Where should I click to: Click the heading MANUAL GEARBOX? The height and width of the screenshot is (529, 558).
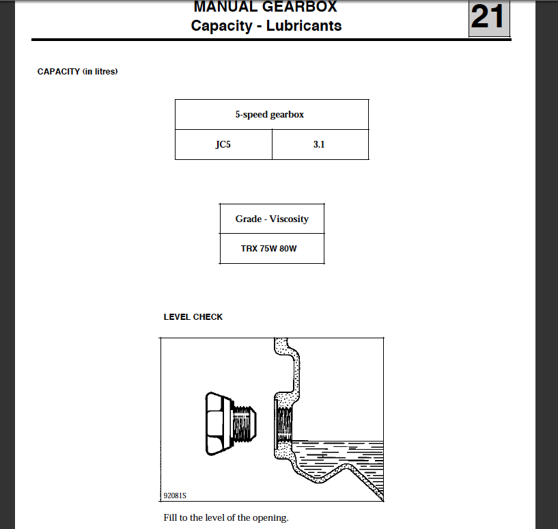(x=265, y=8)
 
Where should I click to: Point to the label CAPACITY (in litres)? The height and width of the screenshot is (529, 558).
(x=77, y=72)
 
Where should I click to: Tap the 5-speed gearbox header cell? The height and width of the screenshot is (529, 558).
(x=271, y=115)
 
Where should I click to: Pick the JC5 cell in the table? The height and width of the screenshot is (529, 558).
(x=223, y=145)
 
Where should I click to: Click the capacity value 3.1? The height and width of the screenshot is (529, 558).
(x=319, y=145)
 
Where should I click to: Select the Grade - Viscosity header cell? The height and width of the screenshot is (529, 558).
(x=272, y=219)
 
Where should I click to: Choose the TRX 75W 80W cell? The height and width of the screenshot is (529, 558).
(x=272, y=249)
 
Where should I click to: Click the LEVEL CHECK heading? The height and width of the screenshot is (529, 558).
(x=193, y=317)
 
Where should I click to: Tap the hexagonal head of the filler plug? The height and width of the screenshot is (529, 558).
(x=219, y=424)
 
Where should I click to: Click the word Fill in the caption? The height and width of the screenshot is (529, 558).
(x=171, y=517)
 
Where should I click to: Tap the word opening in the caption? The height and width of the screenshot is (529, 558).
(x=270, y=518)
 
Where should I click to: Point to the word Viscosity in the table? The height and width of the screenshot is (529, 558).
(x=289, y=219)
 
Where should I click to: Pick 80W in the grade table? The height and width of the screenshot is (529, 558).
(x=288, y=249)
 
